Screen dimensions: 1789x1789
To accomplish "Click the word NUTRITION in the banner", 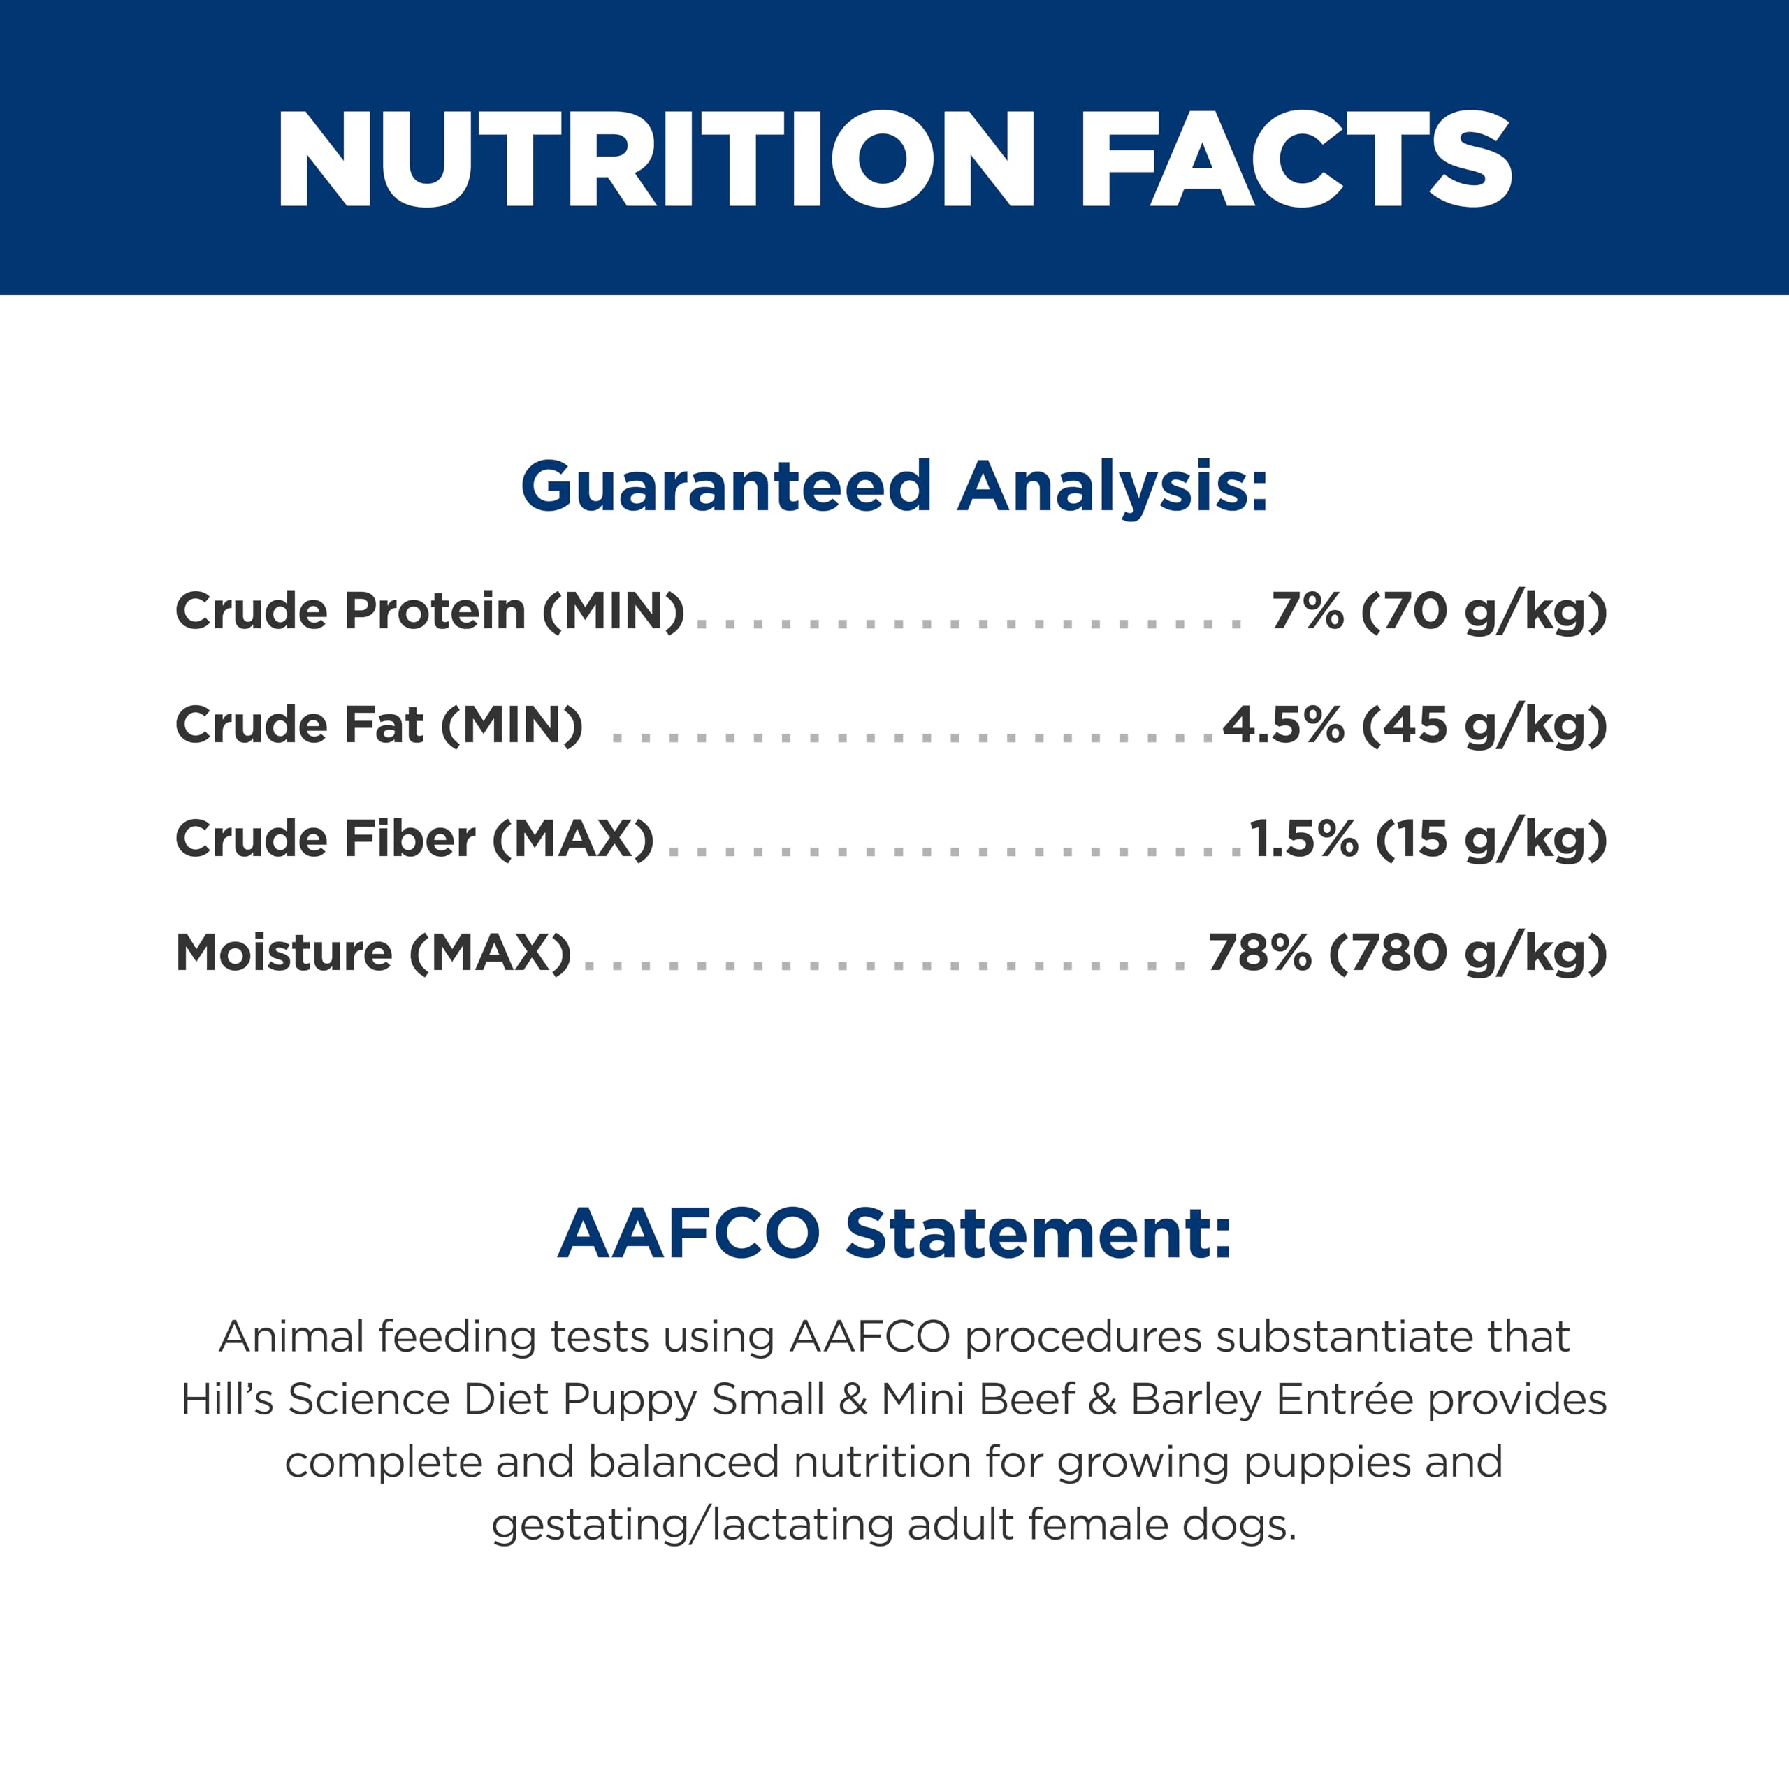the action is (656, 159).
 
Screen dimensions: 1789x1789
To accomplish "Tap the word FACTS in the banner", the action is (1296, 159).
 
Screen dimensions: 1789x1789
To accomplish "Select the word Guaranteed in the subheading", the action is (726, 486).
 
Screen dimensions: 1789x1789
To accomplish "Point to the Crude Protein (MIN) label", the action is (430, 611).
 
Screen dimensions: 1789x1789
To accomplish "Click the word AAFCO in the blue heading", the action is (690, 1233).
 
